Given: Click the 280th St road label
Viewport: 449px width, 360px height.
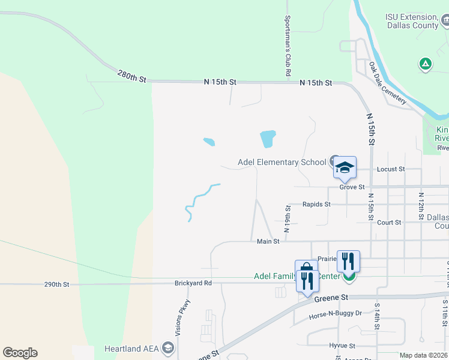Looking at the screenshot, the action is [132, 76].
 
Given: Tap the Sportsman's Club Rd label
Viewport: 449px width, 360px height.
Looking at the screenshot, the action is [288, 46].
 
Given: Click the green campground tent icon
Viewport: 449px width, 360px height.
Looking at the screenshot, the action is [426, 63].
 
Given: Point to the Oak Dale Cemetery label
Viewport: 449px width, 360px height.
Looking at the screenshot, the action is [388, 83].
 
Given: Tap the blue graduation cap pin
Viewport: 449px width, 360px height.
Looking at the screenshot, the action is [345, 167].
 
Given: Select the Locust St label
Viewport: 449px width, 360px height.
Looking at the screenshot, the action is [391, 169].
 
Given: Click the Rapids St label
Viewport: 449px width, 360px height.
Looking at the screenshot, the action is [316, 204].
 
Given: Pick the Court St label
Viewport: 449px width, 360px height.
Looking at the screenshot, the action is [389, 223].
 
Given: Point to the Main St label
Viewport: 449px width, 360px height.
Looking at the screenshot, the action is [268, 241].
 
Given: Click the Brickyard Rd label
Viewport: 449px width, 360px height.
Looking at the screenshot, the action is [193, 283].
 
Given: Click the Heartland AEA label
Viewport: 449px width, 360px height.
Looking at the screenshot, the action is [130, 349].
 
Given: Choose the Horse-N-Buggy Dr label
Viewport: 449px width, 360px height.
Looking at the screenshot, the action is [336, 313].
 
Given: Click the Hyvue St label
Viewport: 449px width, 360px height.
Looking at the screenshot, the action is [342, 346].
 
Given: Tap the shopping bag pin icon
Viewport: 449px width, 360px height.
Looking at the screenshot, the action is [306, 269].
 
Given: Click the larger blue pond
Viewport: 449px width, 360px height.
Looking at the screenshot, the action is [268, 139].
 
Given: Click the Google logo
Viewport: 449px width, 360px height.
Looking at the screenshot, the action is [20, 353].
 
